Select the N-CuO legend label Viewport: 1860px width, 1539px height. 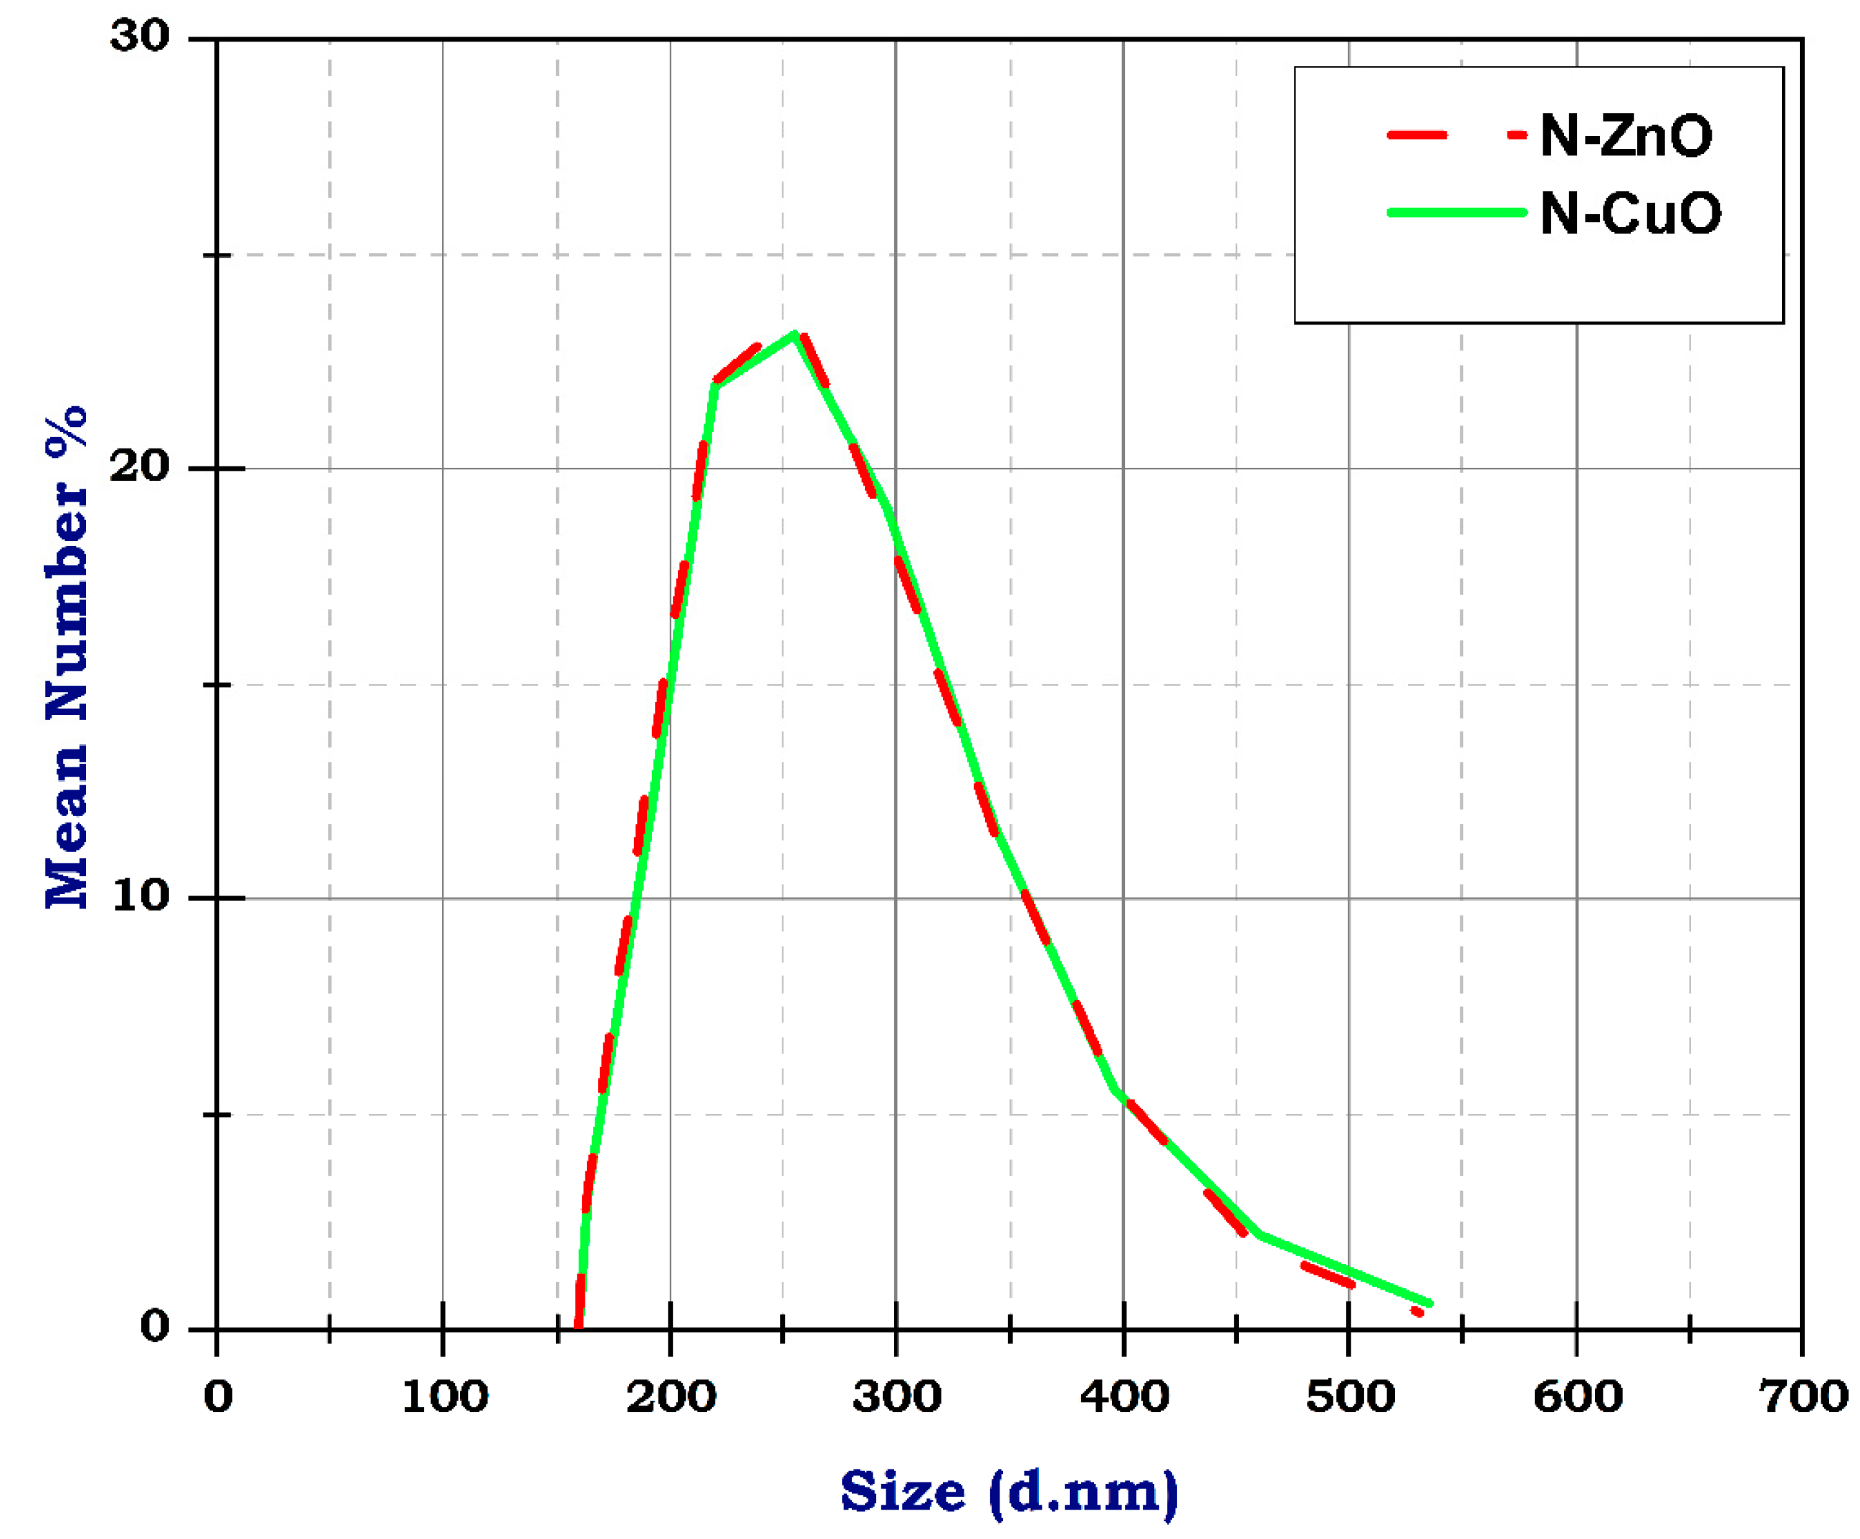tap(1631, 214)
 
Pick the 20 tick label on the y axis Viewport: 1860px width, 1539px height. tap(139, 466)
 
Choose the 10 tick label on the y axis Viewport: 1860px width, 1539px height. tap(139, 896)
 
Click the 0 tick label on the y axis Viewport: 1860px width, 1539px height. tap(154, 1325)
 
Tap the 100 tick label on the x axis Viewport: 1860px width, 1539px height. tap(444, 1397)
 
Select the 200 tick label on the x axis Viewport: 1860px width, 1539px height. tap(671, 1397)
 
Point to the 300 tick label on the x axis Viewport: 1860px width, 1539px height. tap(896, 1397)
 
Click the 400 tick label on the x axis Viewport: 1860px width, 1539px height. tap(1123, 1397)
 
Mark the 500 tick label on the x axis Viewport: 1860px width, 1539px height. tap(1350, 1397)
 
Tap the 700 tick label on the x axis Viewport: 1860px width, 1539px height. tap(1803, 1397)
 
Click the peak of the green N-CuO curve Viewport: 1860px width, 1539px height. tap(795, 334)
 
